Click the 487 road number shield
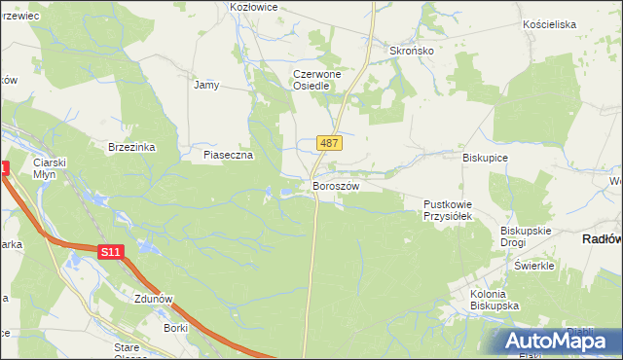329,143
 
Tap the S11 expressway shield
111,252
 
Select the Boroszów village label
336,186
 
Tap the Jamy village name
206,85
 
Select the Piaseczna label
228,155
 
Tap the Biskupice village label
486,157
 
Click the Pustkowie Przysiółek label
447,210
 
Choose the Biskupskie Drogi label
526,236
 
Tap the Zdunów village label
156,300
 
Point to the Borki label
176,329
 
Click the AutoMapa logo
563,342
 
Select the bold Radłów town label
602,238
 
